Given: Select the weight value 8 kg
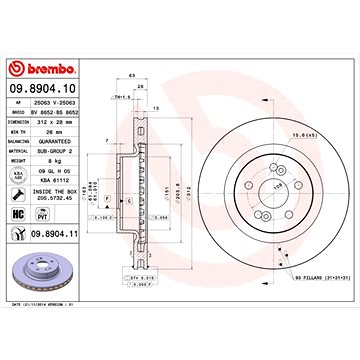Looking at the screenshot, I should pos(52,159).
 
